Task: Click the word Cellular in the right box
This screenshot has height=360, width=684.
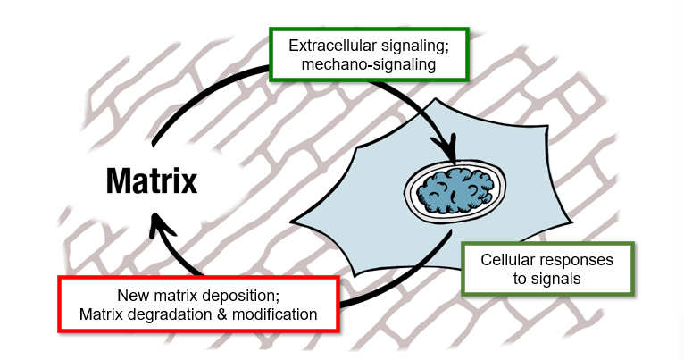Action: tap(509, 260)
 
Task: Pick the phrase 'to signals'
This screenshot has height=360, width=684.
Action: tap(546, 279)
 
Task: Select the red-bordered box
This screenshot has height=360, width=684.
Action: tap(197, 305)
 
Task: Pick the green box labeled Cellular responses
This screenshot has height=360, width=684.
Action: tap(546, 269)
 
